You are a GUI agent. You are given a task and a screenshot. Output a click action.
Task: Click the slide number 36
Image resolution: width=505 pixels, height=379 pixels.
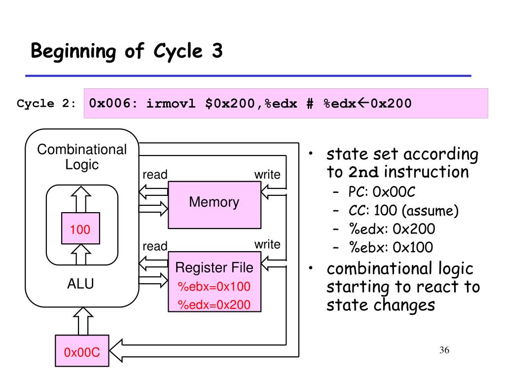tap(444, 350)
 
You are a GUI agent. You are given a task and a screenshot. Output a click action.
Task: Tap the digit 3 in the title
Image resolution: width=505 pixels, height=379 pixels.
tap(217, 51)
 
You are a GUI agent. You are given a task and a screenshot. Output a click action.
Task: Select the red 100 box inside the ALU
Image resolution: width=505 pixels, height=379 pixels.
tap(80, 228)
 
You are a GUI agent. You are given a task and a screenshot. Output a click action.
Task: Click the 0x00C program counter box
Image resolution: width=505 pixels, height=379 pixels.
tap(82, 351)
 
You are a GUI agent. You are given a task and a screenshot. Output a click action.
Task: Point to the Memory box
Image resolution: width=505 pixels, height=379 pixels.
tap(215, 205)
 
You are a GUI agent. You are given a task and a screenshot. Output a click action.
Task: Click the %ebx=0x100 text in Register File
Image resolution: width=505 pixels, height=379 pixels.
tap(214, 287)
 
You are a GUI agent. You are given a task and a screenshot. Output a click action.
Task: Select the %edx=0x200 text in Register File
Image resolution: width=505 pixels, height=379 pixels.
tap(214, 304)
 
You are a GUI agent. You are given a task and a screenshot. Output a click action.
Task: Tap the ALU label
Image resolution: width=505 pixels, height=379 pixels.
tap(80, 284)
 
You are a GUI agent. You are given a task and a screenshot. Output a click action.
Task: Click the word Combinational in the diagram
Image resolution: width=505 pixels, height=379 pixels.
tap(82, 150)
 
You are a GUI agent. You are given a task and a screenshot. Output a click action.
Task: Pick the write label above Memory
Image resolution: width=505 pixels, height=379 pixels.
tap(267, 175)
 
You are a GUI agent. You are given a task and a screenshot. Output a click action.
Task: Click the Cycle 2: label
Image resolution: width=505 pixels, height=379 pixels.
tap(46, 104)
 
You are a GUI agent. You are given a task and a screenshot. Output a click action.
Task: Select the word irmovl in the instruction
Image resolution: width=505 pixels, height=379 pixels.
tap(171, 104)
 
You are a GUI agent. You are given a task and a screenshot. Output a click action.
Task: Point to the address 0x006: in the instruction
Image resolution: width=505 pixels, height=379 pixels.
tap(113, 104)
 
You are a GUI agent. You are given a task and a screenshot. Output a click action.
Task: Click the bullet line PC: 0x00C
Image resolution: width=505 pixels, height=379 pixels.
tap(382, 192)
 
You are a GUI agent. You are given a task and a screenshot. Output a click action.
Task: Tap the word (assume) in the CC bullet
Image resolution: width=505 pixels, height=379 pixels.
tap(431, 211)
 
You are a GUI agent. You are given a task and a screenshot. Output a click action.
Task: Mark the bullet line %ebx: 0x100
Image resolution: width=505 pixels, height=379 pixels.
tap(391, 248)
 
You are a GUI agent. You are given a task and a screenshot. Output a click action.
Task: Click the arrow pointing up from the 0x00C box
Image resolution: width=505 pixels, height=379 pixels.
tap(83, 321)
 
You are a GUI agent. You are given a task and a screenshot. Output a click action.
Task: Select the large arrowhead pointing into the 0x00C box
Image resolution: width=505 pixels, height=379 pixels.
tap(116, 351)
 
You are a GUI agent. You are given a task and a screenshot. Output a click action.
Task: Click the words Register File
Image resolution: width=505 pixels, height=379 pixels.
tap(214, 267)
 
